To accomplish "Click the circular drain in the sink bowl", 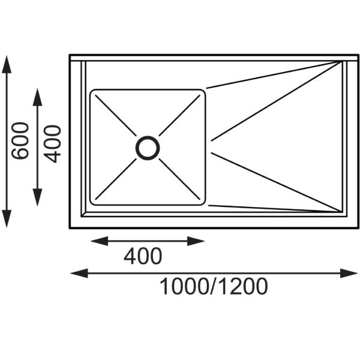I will tap(148, 148).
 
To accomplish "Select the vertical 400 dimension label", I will tap(53, 144).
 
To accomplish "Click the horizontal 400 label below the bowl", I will tap(143, 257).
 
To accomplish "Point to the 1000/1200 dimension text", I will tap(214, 287).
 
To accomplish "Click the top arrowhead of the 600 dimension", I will tap(7, 62).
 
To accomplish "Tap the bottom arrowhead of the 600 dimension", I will tap(7, 222).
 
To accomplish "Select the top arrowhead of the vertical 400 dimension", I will tap(38, 94).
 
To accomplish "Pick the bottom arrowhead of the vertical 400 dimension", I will tap(38, 201).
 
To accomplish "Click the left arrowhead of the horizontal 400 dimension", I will tap(95, 241).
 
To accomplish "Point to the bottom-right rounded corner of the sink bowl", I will tap(202, 202).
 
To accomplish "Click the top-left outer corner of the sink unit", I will tap(70, 55).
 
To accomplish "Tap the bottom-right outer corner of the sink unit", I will tap(359, 227).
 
